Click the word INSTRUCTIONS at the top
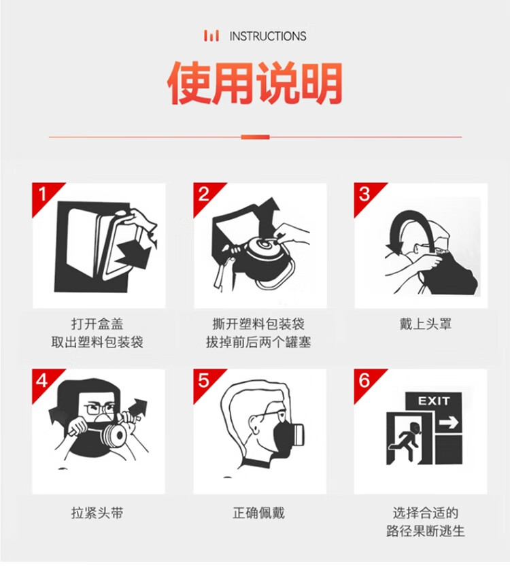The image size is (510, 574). point(268,36)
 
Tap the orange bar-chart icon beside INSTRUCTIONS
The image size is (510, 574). point(211,35)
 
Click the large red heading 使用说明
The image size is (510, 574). point(255,83)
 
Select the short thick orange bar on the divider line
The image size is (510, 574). point(255,137)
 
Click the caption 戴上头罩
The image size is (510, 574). point(426,324)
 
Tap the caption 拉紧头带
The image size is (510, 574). point(97,513)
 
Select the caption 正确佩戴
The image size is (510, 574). point(259,513)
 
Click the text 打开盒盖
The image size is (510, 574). point(97,324)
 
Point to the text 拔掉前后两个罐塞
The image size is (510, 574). point(258,342)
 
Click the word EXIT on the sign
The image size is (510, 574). point(434,401)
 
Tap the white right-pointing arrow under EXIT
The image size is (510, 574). point(449,423)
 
